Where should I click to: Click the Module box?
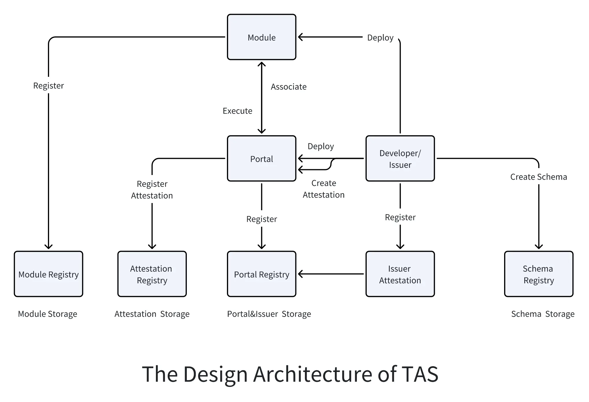pyautogui.click(x=262, y=37)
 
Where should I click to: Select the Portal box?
pyautogui.click(x=262, y=159)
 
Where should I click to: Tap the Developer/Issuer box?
pyautogui.click(x=400, y=159)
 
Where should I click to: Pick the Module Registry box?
pyautogui.click(x=49, y=274)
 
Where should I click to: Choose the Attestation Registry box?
pyautogui.click(x=152, y=274)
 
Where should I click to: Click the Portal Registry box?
pyautogui.click(x=262, y=274)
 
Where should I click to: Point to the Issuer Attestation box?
pyautogui.click(x=400, y=274)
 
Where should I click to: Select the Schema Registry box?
pyautogui.click(x=538, y=274)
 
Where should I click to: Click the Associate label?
pyautogui.click(x=288, y=87)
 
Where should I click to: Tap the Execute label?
pyautogui.click(x=237, y=111)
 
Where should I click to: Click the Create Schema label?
pyautogui.click(x=538, y=177)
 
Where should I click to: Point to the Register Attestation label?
pyautogui.click(x=152, y=190)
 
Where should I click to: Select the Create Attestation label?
pyautogui.click(x=323, y=189)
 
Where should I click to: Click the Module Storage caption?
pyautogui.click(x=48, y=314)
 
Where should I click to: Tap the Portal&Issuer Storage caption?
pyautogui.click(x=269, y=314)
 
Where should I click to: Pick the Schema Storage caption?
pyautogui.click(x=543, y=314)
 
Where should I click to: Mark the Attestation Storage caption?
pyautogui.click(x=152, y=314)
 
